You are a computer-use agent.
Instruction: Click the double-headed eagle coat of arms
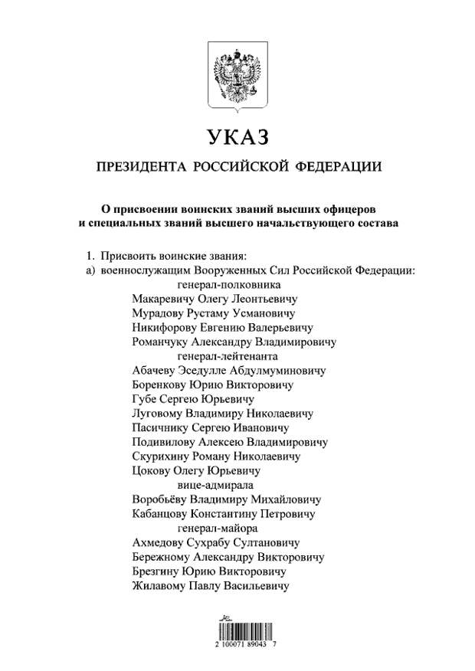click(x=237, y=77)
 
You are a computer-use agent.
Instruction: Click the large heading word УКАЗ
click(x=237, y=138)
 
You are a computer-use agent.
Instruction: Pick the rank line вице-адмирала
click(x=215, y=485)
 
